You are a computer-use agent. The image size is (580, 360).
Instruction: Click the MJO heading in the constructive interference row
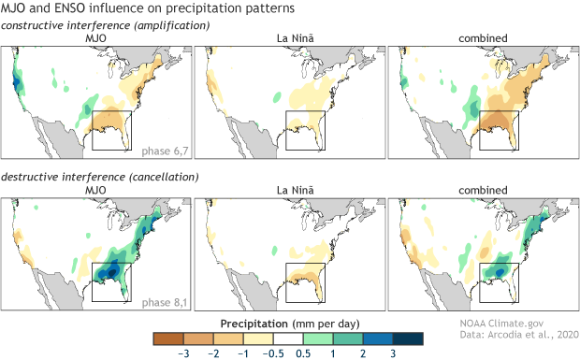96,37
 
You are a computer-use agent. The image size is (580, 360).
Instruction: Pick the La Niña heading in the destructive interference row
289,191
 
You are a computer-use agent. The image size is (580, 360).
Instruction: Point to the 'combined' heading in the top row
482,37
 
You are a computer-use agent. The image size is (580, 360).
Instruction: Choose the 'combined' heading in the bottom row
482,191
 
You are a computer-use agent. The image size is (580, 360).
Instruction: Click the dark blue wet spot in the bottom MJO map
112,270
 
